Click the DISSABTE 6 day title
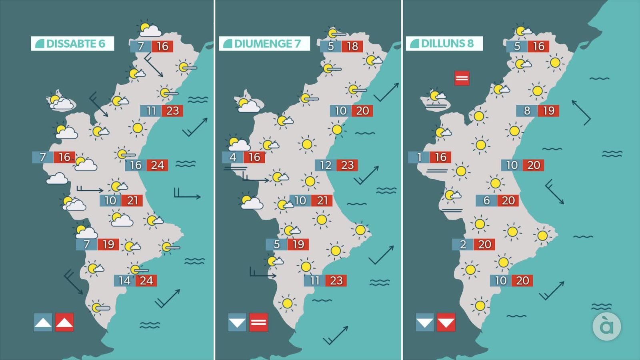click(72, 44)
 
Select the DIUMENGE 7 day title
click(264, 44)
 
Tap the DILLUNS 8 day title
click(444, 44)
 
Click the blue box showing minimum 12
click(326, 165)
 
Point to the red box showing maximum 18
click(352, 46)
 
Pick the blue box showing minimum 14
click(124, 281)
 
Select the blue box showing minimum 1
click(419, 157)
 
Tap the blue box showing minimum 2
click(463, 244)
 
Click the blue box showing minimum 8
click(527, 111)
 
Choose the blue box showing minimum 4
click(233, 157)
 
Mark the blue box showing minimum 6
click(486, 200)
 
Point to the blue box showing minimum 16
click(136, 165)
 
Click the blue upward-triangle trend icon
click(43, 322)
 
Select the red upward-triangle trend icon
click(64, 322)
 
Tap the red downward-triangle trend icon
click(446, 322)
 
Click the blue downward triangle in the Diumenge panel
click(237, 322)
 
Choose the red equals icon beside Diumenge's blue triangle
click(258, 322)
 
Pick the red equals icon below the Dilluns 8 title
click(462, 78)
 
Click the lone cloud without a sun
click(57, 178)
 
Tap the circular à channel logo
click(606, 326)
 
